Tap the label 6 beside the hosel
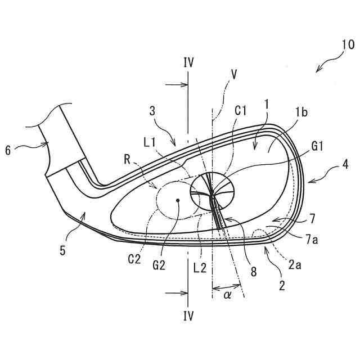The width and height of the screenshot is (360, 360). pyautogui.click(x=8, y=150)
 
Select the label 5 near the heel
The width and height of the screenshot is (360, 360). pyautogui.click(x=63, y=250)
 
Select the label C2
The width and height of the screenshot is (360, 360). pyautogui.click(x=133, y=259)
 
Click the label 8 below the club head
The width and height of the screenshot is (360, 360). pyautogui.click(x=254, y=272)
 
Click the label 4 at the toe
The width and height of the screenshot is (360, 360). pyautogui.click(x=343, y=168)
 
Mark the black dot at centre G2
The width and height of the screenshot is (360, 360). pyautogui.click(x=178, y=200)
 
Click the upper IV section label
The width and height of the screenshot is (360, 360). pyautogui.click(x=188, y=62)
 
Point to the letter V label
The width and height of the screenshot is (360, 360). pyautogui.click(x=233, y=74)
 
